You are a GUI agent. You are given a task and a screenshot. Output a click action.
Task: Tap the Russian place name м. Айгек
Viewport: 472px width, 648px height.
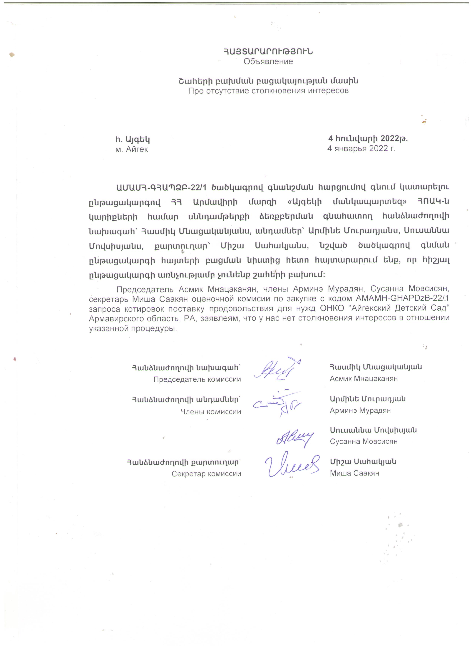(x=132, y=149)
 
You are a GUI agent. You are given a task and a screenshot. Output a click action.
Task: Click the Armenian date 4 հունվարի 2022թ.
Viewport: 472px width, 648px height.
(x=368, y=139)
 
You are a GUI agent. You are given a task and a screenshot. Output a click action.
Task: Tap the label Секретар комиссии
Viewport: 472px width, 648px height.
(x=206, y=474)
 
